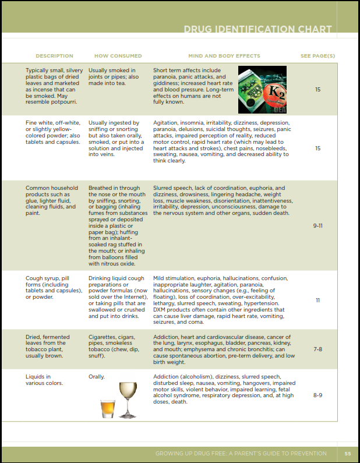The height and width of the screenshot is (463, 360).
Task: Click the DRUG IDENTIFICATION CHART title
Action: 257,29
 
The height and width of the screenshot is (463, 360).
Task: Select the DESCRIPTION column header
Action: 54,56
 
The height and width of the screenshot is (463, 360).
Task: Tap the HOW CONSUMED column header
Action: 118,56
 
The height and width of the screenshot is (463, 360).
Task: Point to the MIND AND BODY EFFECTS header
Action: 224,56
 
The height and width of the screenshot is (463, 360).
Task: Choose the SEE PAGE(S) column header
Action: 318,56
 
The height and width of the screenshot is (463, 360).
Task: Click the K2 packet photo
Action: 262,89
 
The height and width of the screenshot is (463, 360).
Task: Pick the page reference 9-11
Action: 318,225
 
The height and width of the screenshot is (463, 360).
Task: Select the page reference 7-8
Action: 318,349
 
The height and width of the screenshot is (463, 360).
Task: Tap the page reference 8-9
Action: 318,395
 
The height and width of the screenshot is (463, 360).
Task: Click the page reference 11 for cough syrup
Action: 318,301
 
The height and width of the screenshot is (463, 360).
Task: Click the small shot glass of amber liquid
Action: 108,408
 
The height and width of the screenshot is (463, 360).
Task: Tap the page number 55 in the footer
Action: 348,454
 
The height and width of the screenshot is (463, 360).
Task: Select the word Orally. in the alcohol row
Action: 97,377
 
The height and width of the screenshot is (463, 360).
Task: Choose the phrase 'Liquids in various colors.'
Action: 44,380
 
